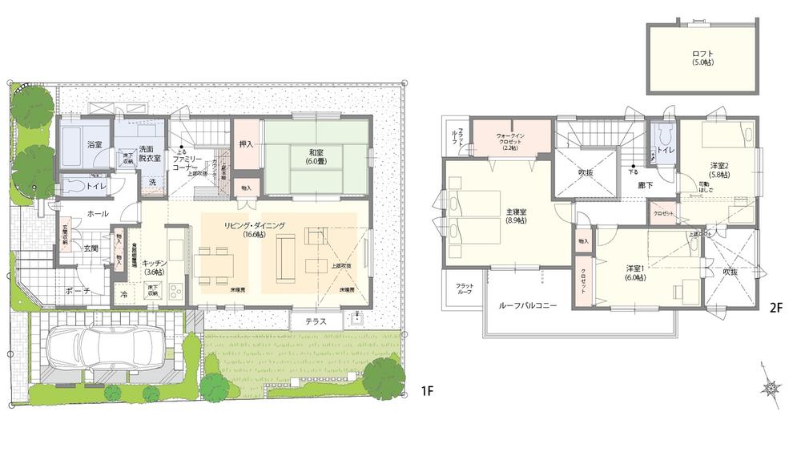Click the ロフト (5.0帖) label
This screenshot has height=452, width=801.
pyautogui.click(x=702, y=58)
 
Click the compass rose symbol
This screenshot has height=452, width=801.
pyautogui.click(x=771, y=389)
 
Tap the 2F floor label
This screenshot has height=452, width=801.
pyautogui.click(x=775, y=308)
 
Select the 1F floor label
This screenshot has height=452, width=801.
pyautogui.click(x=427, y=391)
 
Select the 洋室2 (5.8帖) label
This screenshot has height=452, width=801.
pyautogui.click(x=718, y=170)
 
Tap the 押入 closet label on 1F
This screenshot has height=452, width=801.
pyautogui.click(x=246, y=145)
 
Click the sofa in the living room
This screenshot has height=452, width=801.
pyautogui.click(x=285, y=260)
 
